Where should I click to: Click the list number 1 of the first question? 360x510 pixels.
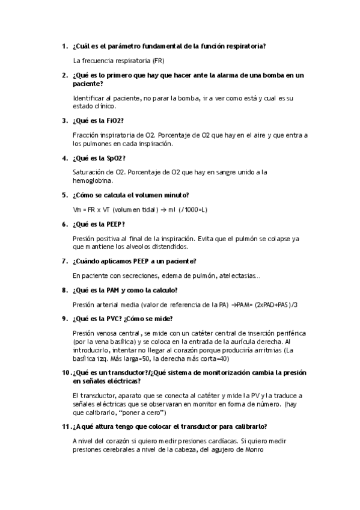pos(64,46)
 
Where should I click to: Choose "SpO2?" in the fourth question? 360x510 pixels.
pos(113,158)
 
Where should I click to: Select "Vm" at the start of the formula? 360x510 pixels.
pos(76,209)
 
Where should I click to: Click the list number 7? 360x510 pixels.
pos(64,261)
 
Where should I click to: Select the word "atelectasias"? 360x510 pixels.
pos(239,275)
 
